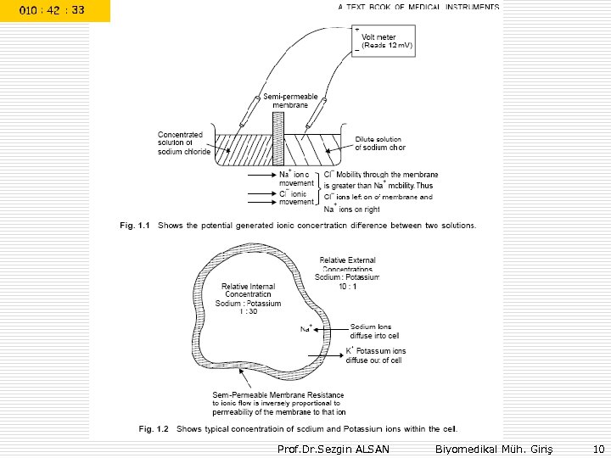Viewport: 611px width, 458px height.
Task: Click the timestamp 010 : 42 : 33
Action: [53, 10]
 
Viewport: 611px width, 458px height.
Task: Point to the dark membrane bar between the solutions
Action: [278, 140]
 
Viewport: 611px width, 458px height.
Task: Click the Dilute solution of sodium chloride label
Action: [379, 143]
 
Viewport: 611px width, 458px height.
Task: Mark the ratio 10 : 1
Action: [346, 286]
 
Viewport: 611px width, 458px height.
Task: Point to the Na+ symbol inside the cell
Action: [306, 328]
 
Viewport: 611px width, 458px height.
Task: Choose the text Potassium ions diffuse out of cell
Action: [376, 355]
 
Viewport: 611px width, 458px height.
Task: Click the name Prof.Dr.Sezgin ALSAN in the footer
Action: [334, 448]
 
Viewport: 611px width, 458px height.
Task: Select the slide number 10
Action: [598, 448]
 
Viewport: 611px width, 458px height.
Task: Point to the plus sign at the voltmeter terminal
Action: [356, 29]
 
